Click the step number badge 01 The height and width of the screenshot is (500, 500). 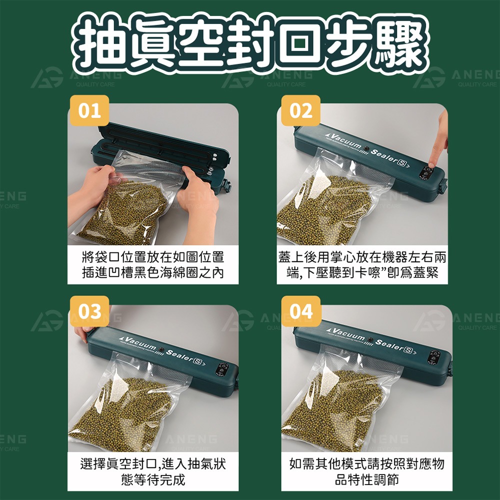pos(88,111)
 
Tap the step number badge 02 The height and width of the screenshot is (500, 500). pos(300,111)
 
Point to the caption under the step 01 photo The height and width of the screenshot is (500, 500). pos(152,265)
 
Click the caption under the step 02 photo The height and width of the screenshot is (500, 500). pos(362,265)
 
